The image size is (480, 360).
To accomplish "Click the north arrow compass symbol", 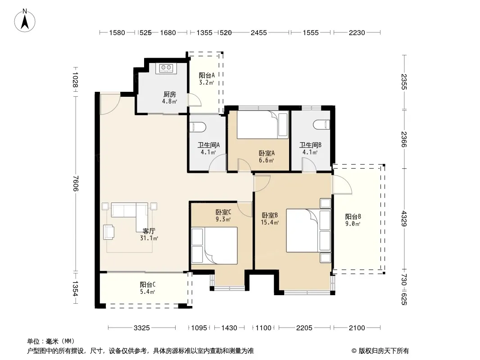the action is [x=25, y=21].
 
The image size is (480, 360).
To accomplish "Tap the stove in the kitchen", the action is [x=166, y=68].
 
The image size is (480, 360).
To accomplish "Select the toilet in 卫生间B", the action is [x=322, y=125].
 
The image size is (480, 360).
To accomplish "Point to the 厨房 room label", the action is [x=170, y=94].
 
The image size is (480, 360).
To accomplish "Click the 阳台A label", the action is [x=207, y=75].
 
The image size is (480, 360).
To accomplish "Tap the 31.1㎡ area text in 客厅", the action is [x=149, y=238].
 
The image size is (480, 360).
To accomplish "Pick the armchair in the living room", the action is [x=109, y=232].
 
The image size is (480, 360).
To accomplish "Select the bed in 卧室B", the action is [x=308, y=230].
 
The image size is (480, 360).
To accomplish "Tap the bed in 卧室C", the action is [x=214, y=246].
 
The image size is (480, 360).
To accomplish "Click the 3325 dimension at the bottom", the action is [x=142, y=328].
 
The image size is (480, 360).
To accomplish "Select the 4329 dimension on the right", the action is [x=404, y=218].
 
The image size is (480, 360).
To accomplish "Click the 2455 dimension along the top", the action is [x=258, y=32].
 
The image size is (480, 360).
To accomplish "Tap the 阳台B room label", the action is [x=353, y=216].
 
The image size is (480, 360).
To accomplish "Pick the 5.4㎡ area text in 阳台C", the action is [x=148, y=292].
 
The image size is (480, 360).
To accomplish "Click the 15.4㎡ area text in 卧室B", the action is [x=270, y=222].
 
